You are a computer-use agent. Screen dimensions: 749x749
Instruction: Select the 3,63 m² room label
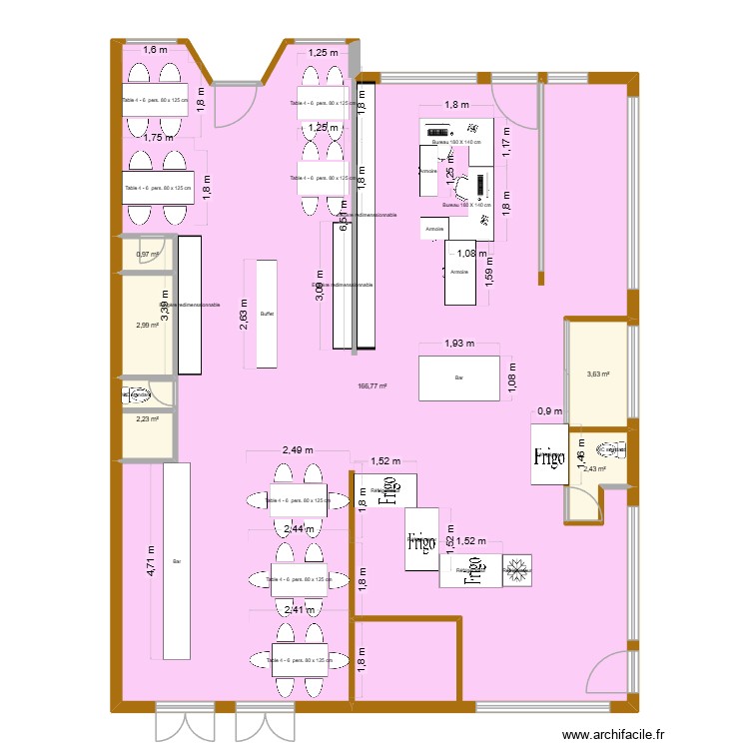tap(596, 375)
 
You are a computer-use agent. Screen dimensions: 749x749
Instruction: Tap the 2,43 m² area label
tap(596, 469)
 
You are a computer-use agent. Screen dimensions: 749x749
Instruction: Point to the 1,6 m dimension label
tap(155, 51)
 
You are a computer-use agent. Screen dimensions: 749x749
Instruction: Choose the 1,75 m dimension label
tap(158, 139)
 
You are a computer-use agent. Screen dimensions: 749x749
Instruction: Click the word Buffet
tap(267, 314)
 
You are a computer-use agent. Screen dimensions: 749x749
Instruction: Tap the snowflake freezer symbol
tap(517, 571)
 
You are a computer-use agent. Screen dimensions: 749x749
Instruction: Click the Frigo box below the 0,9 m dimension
tap(548, 456)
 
